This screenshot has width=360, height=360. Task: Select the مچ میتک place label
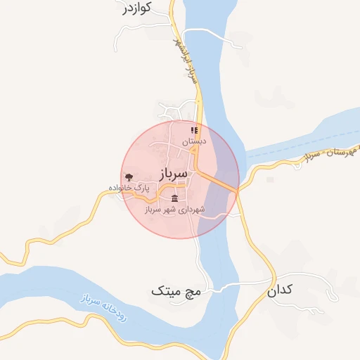pos(176,290)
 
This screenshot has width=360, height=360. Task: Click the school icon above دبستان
pos(194,130)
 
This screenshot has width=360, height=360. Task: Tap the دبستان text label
pos(194,141)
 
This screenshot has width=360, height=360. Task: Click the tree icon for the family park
pos(128,177)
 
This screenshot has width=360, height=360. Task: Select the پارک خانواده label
pos(129,188)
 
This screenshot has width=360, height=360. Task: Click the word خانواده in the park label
pos(121,188)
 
